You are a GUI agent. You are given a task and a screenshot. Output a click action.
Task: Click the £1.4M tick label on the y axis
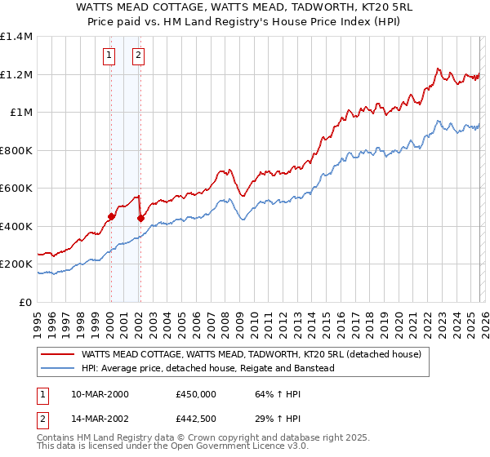point(16,37)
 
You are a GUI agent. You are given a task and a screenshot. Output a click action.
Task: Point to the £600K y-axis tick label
point(16,189)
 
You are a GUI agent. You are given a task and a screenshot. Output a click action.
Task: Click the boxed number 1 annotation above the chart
point(109,55)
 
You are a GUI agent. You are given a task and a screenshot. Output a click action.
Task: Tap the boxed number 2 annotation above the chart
point(138,55)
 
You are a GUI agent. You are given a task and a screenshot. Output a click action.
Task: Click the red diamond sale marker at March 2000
point(111,217)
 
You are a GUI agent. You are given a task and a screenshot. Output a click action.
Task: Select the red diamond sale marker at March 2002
point(140,218)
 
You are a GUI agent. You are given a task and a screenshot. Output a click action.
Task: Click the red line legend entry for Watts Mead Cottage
point(251,355)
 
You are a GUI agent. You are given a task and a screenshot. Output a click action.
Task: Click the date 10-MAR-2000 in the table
point(100,393)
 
